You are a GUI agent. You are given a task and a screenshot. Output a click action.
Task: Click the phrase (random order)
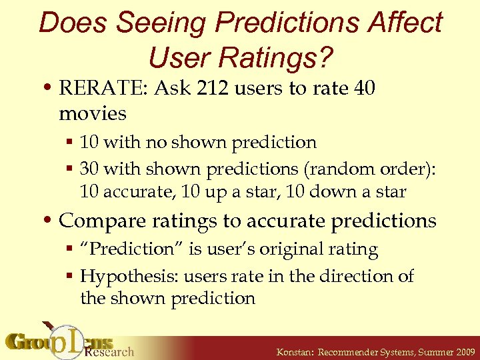click(374, 169)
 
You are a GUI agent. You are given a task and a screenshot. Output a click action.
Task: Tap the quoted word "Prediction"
click(127, 249)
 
